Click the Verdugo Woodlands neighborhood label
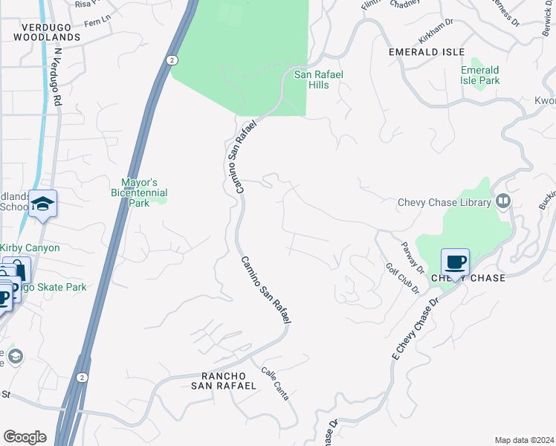tap(46, 30)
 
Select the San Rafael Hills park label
tap(323, 80)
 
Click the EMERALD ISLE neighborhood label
tap(427, 52)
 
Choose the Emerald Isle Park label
tap(479, 75)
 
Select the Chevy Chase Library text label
tap(445, 202)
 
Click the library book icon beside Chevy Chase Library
tap(503, 201)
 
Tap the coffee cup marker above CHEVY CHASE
tap(455, 263)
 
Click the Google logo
tap(25, 437)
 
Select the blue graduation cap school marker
tap(42, 204)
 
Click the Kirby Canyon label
tap(30, 248)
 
